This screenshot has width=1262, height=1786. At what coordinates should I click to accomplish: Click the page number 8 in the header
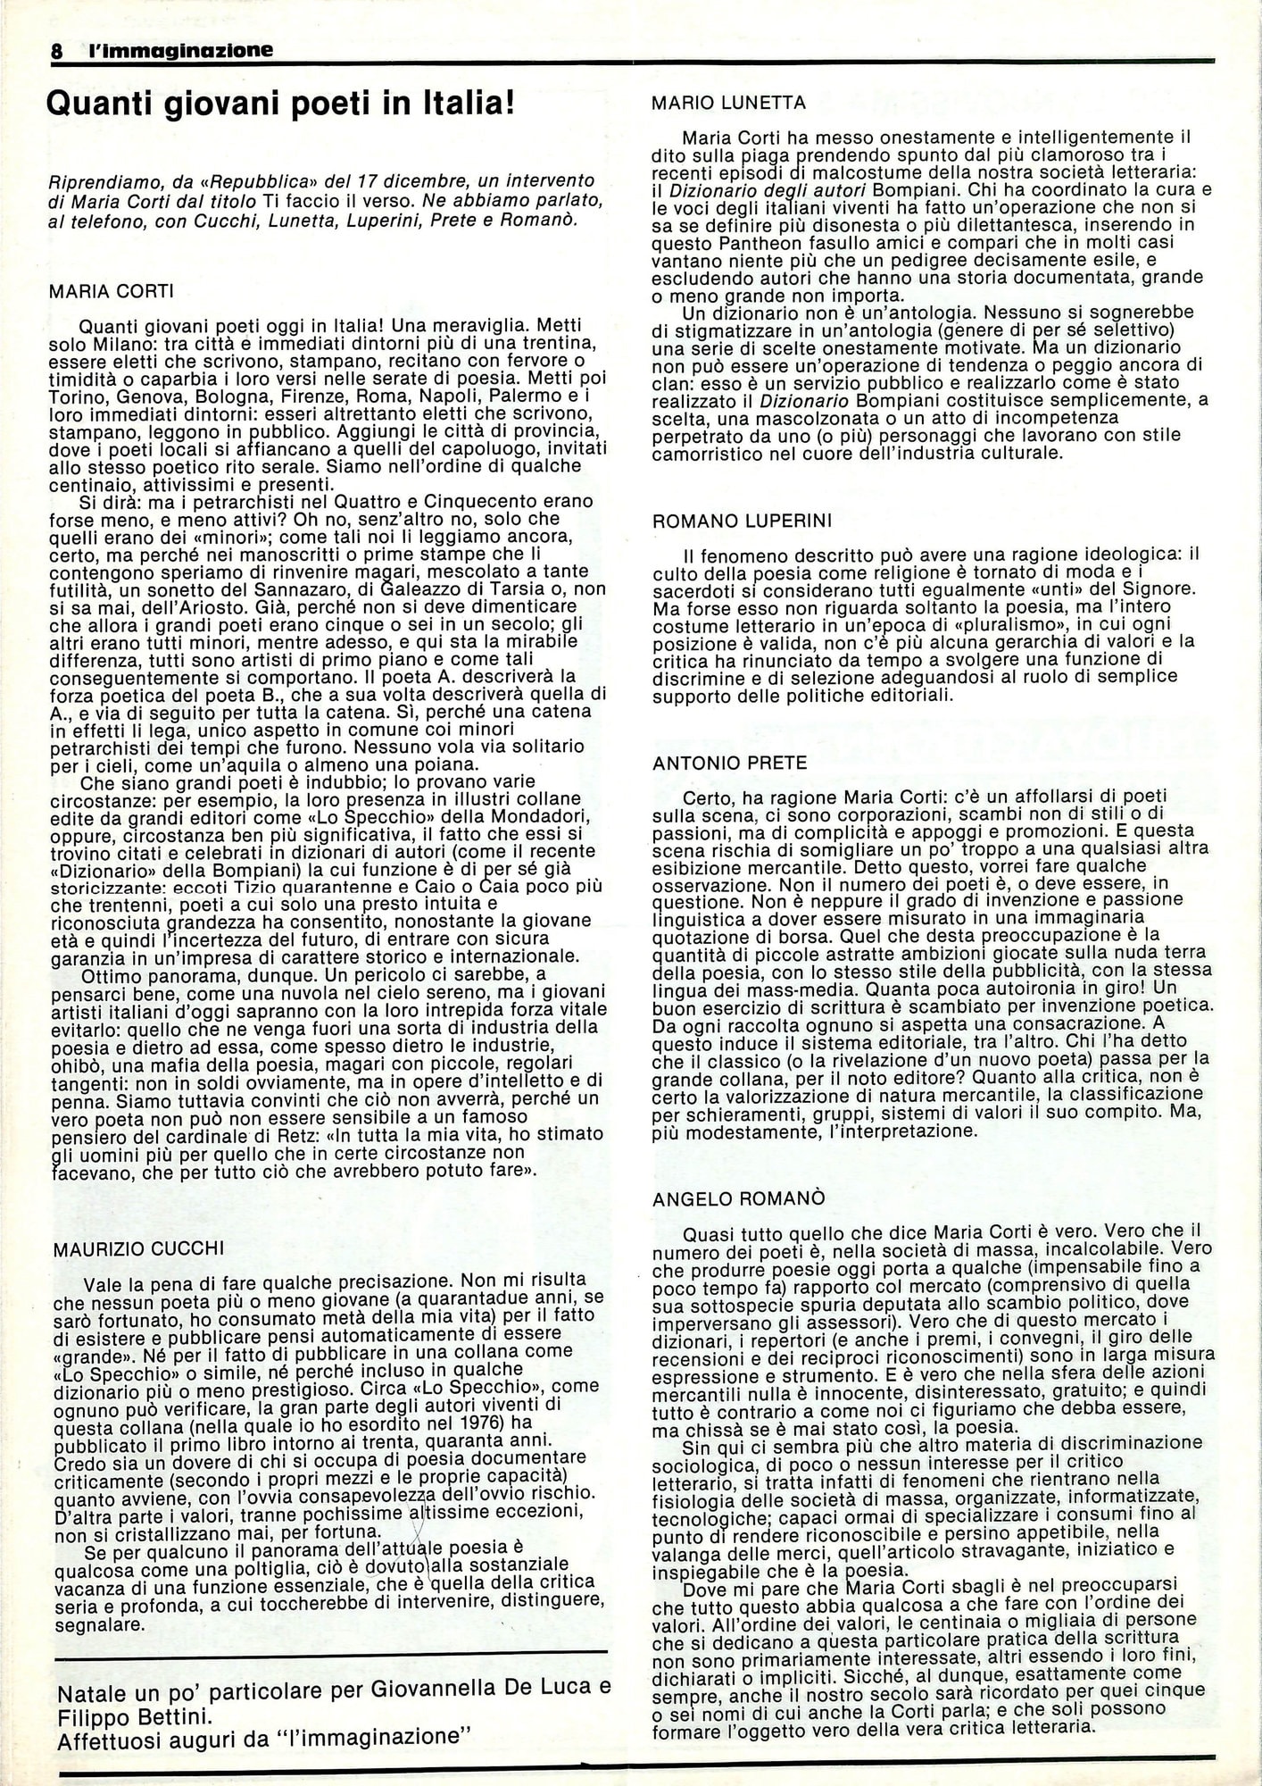click(56, 52)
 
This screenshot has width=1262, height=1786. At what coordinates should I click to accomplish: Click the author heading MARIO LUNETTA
click(728, 103)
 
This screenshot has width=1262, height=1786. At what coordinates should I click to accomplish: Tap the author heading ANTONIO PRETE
click(729, 764)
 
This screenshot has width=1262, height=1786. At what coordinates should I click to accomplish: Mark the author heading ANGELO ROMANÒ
click(738, 1198)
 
